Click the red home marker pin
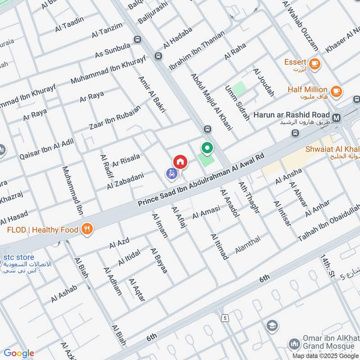click(x=180, y=162)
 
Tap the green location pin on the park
click(x=207, y=148)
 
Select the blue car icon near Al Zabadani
click(x=171, y=173)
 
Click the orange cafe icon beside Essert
click(x=315, y=63)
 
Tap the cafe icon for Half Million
click(x=335, y=91)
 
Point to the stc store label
click(x=19, y=257)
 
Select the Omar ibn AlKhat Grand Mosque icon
click(x=294, y=345)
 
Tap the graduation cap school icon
click(x=272, y=325)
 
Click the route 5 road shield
click(x=224, y=318)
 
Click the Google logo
click(x=19, y=353)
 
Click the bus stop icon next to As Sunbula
click(x=158, y=56)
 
